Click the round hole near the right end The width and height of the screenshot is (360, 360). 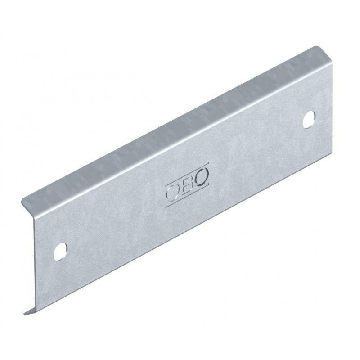[x=309, y=119]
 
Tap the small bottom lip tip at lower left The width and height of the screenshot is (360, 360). [x=25, y=314]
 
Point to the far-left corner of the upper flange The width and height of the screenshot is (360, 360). [x=22, y=202]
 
